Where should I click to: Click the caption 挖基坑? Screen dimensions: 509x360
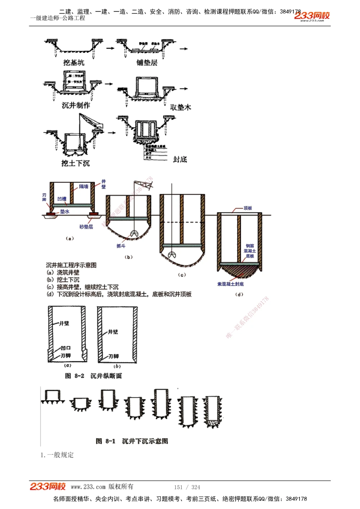point(74,63)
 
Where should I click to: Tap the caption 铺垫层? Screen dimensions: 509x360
point(147,63)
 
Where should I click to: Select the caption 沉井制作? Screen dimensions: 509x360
point(76,105)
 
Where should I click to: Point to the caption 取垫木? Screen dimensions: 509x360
point(180,107)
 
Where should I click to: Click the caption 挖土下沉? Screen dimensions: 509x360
point(75,163)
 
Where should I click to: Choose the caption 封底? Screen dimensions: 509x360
point(180,159)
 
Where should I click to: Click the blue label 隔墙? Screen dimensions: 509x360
point(84,186)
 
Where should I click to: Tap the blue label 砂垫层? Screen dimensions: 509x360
point(86,227)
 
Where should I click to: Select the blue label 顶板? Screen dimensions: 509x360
point(248,208)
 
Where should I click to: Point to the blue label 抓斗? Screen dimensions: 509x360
point(121,246)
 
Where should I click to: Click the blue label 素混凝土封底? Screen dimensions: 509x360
point(230,284)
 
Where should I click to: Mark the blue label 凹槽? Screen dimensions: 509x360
point(62,199)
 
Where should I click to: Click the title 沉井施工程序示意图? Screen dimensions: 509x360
point(71,265)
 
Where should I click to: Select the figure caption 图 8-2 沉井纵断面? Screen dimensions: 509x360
point(93,376)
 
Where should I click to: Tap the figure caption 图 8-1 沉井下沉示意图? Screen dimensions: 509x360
point(132,441)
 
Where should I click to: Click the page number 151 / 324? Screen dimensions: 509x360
point(187,487)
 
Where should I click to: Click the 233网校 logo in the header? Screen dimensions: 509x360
point(312,16)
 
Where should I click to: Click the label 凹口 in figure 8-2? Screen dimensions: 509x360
point(66,348)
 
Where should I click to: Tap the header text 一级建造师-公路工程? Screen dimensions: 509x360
point(58,18)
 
